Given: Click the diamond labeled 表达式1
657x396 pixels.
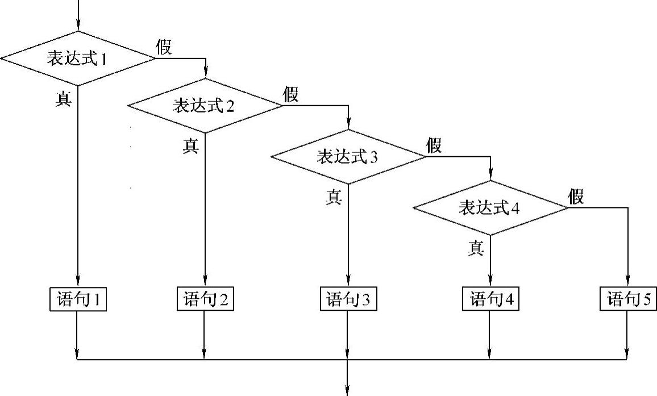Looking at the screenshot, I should [x=77, y=58].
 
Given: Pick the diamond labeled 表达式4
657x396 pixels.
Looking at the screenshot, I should [x=490, y=208].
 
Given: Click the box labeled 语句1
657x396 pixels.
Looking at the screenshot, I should [x=77, y=299].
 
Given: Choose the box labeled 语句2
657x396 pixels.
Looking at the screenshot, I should [x=205, y=299].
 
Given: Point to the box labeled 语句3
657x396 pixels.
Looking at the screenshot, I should [x=348, y=299].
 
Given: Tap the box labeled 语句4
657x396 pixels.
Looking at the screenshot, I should [x=490, y=299].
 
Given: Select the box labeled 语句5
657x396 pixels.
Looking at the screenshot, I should [x=627, y=299].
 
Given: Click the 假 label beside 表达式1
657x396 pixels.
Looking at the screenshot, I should [x=164, y=47].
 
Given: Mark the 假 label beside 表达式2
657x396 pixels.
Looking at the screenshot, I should [x=291, y=94].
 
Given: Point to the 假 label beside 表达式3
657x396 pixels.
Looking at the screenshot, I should [x=434, y=145].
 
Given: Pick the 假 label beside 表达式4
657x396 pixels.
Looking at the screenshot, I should [x=576, y=197].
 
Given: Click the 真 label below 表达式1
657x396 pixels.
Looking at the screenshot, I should [x=63, y=99].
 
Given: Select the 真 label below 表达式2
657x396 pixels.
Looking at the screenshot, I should [x=190, y=146].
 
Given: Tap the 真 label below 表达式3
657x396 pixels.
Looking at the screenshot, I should [x=334, y=197].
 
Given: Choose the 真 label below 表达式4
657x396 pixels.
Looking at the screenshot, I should [x=476, y=248].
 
